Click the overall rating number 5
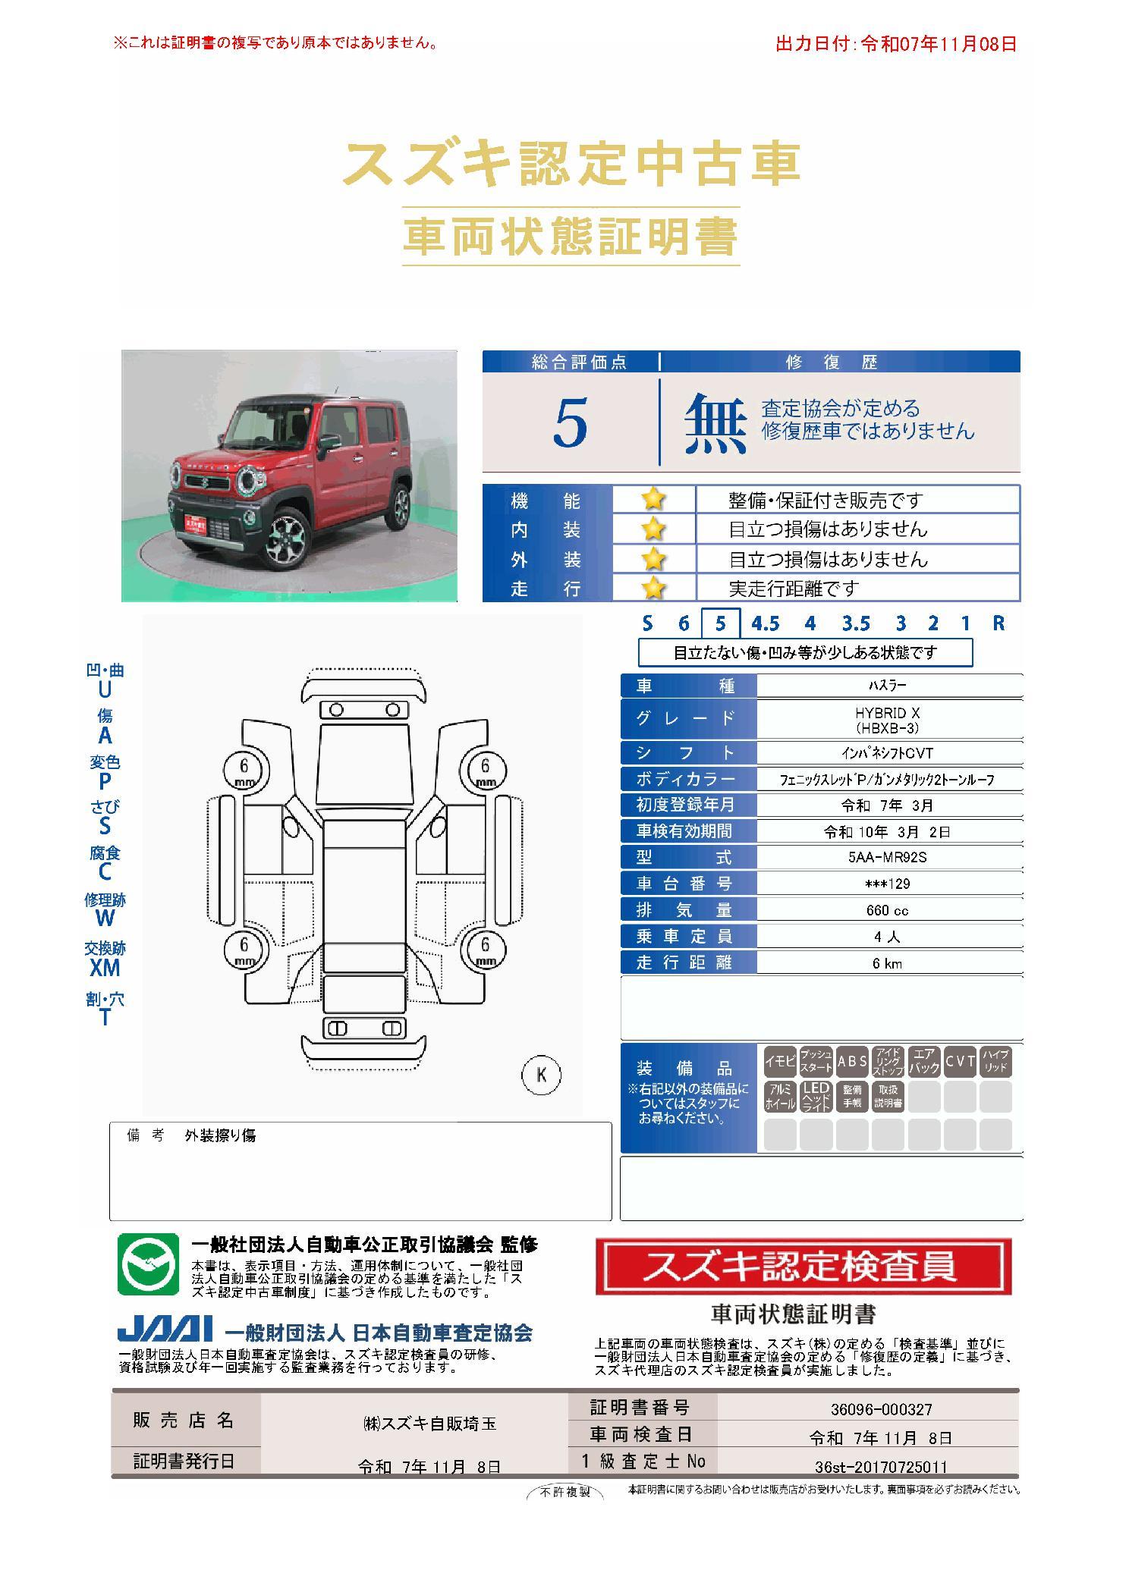(570, 423)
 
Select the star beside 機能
(653, 499)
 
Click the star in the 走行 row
(653, 588)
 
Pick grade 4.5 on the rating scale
(765, 623)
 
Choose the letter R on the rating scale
(998, 623)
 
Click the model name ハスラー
(887, 686)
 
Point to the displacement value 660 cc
(887, 910)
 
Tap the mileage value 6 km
(887, 963)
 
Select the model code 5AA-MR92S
(887, 857)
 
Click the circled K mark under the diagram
(542, 1075)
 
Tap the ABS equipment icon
(852, 1062)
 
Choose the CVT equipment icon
(960, 1062)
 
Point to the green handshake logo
(148, 1264)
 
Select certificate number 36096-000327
(881, 1409)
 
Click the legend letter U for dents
(104, 690)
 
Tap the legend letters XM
(105, 968)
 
